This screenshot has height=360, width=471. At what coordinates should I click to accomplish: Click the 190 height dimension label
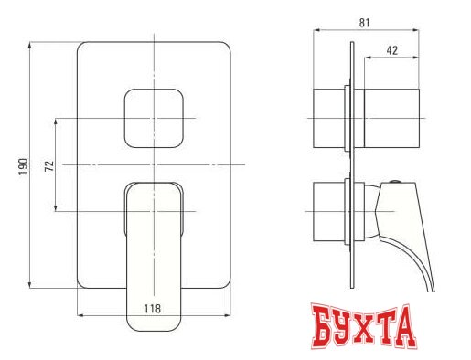click(x=23, y=164)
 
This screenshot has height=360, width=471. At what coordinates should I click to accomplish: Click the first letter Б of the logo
click(x=316, y=329)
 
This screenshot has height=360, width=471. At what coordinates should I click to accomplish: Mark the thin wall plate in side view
click(x=350, y=164)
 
